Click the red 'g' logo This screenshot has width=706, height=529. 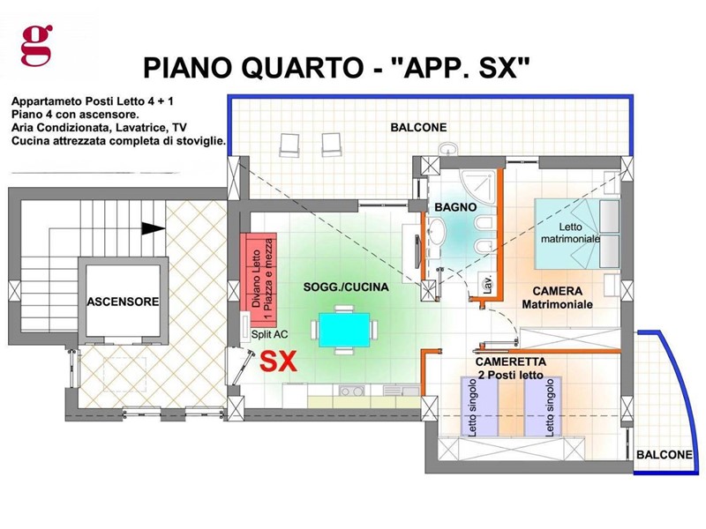coord(36,46)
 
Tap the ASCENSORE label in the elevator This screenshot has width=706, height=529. coord(123,302)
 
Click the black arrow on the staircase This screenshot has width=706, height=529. coord(153,228)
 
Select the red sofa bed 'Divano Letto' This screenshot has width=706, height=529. coord(258,279)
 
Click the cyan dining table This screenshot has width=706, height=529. coord(344,330)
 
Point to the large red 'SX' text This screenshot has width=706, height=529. coord(279,361)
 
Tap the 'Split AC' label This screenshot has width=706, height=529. coord(269,335)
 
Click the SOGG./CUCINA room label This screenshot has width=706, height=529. coord(346,287)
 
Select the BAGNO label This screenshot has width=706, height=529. coord(455,207)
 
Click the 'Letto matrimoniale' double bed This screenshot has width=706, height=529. coord(577,234)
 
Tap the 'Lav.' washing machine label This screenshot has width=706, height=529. coord(486,284)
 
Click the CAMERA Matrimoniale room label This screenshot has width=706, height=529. coord(558,298)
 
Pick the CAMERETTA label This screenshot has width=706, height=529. coord(511,361)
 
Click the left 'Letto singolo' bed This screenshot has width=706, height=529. coord(479,406)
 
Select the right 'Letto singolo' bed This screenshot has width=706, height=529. coord(543,406)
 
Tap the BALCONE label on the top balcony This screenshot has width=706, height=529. coord(418,127)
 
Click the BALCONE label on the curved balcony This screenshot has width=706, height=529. coord(665,455)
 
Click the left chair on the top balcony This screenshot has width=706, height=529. coord(289,145)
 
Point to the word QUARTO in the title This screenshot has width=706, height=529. coord(302,68)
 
